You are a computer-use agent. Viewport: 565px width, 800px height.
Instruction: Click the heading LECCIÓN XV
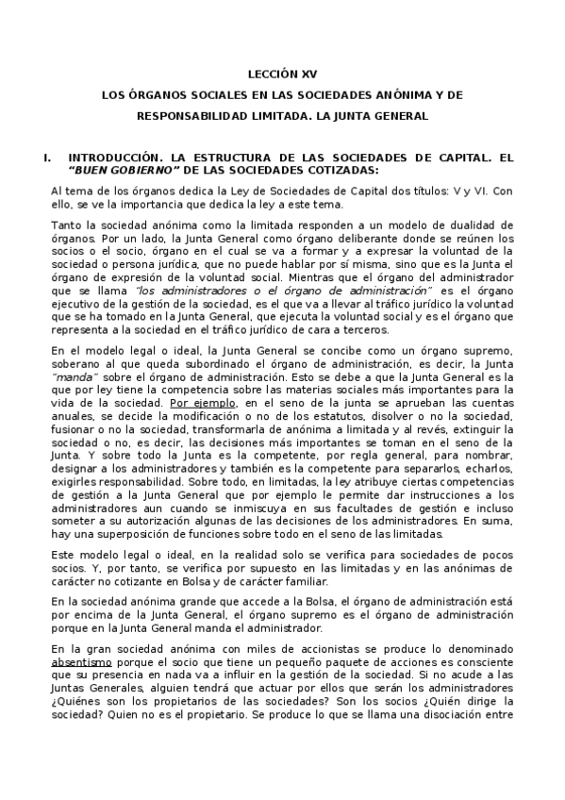pos(283,72)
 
